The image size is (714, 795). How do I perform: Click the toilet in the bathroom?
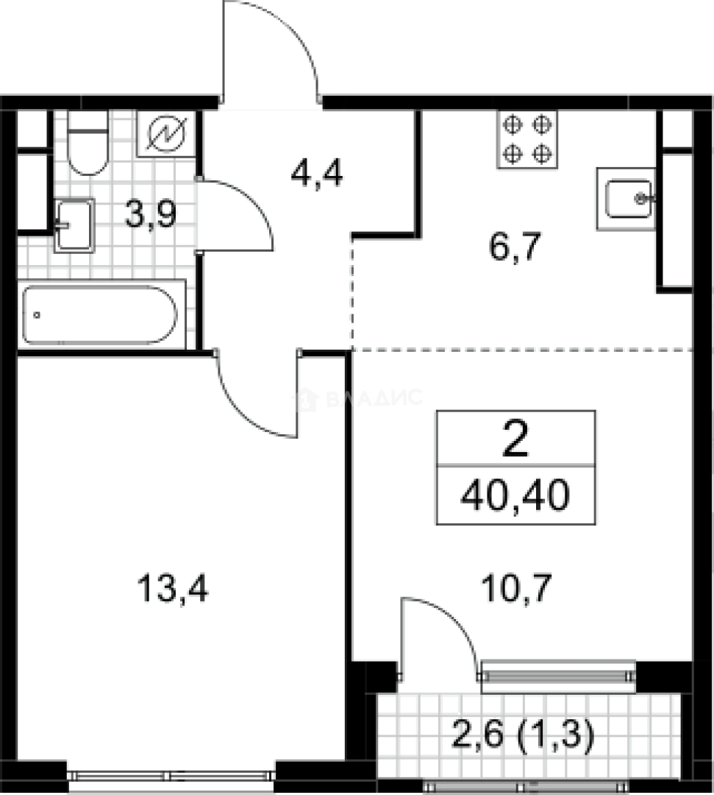[88, 145]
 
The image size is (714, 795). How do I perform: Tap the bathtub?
[99, 315]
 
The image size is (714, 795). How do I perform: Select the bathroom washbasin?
[74, 225]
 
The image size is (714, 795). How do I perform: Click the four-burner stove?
[527, 139]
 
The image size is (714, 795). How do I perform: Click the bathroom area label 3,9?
[151, 216]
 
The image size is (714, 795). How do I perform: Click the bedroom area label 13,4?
[174, 589]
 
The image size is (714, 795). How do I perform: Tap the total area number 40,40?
[515, 497]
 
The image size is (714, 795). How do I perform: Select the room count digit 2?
[515, 440]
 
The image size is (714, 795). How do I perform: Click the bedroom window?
[171, 774]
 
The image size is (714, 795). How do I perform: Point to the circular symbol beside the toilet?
[168, 133]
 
